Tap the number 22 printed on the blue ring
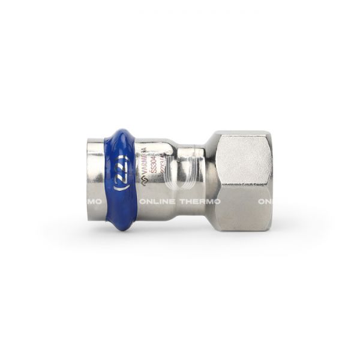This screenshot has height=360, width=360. [120, 178]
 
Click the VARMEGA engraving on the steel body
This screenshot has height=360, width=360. [145, 161]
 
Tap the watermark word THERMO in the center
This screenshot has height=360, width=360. [200, 202]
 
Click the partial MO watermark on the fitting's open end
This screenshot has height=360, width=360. [94, 202]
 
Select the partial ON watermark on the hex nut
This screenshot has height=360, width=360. [265, 202]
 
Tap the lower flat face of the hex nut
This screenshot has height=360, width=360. [243, 210]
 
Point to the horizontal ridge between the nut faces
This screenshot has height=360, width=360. [243, 185]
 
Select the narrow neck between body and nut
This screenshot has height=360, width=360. [189, 180]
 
